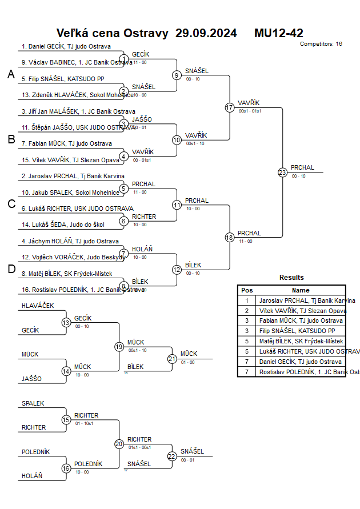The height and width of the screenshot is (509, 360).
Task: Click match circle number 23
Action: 282,173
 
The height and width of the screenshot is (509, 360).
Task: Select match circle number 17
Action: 230,107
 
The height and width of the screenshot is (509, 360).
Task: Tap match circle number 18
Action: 230,237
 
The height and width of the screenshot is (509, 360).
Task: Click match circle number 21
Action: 172,359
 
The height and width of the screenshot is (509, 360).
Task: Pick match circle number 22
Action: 172,456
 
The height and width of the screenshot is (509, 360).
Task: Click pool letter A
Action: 11,74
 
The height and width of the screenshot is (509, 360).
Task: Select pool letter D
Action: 11,270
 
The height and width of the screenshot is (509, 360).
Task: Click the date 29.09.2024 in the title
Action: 206,33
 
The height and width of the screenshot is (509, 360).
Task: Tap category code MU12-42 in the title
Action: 279,33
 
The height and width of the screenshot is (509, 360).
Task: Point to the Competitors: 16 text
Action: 321,43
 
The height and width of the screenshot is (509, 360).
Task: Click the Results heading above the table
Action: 291,278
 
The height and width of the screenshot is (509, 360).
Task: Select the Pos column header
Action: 247,290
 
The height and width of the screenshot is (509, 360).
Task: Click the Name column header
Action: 301,290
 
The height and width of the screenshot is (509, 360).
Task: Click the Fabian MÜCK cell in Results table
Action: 301,321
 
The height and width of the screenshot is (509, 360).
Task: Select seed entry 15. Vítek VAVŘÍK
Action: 70,160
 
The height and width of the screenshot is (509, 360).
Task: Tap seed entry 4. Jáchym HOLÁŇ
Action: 70,241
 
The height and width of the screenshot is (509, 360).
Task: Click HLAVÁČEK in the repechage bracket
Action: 38,306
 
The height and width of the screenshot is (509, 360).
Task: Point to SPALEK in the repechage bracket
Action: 33,403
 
